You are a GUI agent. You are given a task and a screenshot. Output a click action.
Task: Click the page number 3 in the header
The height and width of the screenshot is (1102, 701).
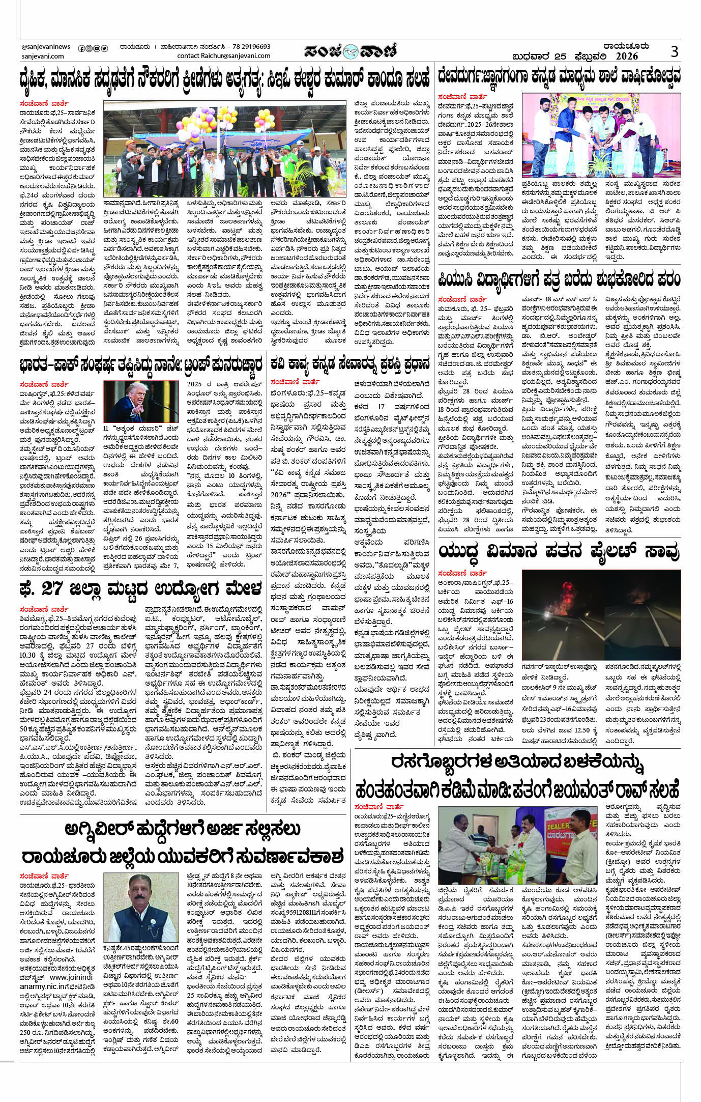[675, 51]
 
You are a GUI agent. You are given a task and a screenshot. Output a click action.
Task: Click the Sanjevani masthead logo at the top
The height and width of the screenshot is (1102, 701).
[350, 51]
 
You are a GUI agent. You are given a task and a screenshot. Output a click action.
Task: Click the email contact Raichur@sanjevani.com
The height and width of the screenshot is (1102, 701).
[224, 56]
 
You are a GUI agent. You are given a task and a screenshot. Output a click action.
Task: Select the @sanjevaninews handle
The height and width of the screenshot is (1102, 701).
[46, 47]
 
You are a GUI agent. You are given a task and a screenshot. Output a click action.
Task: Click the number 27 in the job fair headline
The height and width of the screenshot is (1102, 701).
[52, 588]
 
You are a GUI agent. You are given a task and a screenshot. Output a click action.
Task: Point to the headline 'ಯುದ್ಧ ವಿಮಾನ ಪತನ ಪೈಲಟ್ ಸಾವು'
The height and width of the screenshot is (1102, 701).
[559, 551]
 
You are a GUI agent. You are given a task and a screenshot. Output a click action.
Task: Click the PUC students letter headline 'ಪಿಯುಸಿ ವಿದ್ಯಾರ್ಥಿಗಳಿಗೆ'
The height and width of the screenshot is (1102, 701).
[559, 280]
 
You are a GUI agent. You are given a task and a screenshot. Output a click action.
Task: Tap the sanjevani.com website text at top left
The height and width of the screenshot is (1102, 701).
[43, 56]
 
